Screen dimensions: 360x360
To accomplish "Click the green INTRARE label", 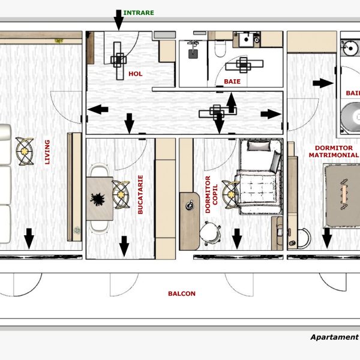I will coord(138,12).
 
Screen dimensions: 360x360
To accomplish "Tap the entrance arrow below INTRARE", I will coord(118,20).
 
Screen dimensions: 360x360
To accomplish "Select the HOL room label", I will coord(136,74).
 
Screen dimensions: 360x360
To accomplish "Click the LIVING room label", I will coord(47,152).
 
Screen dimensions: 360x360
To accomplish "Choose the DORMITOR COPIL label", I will coord(212,194).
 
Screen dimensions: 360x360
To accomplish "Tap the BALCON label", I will coord(181,293).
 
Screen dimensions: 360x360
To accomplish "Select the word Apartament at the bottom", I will coord(334,337).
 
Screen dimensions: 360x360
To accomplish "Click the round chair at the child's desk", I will coord(210,232).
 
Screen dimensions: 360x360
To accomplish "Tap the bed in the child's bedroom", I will coord(259,177).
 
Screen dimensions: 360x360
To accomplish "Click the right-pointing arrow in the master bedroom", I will coord(326,83).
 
